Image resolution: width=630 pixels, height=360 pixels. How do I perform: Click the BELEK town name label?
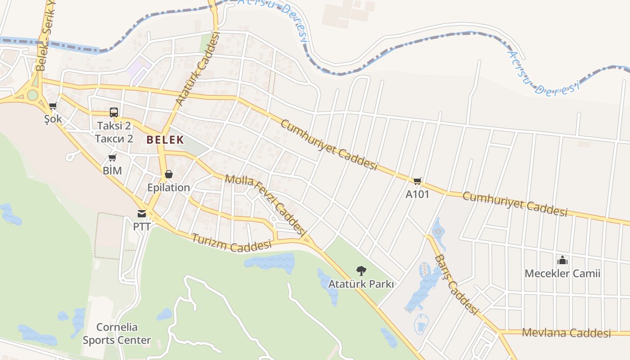pyautogui.click(x=165, y=139)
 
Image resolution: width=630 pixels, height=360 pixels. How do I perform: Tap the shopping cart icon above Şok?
pyautogui.click(x=53, y=107)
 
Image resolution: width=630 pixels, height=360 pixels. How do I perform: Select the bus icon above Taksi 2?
pyautogui.click(x=114, y=112)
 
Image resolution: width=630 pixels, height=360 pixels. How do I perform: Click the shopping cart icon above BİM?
pyautogui.click(x=112, y=157)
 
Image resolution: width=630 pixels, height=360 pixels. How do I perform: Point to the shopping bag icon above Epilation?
pyautogui.click(x=169, y=174)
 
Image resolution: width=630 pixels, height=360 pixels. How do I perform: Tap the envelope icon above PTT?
pyautogui.click(x=142, y=213)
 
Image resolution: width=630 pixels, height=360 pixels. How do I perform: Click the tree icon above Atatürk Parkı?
pyautogui.click(x=361, y=270)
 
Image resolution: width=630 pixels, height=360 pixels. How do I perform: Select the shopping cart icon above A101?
pyautogui.click(x=418, y=181)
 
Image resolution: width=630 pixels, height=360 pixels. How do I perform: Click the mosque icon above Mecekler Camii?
pyautogui.click(x=562, y=260)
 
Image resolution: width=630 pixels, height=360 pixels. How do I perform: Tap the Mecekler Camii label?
pyautogui.click(x=562, y=273)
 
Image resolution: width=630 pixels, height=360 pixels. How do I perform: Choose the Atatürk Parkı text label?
pyautogui.click(x=361, y=284)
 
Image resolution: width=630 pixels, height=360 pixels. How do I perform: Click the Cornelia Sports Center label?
pyautogui.click(x=117, y=333)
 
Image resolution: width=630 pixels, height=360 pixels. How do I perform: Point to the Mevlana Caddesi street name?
pyautogui.click(x=566, y=333)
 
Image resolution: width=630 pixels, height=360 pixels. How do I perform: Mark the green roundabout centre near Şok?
pyautogui.click(x=32, y=95)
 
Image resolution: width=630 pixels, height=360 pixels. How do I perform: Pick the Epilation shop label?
pyautogui.click(x=169, y=187)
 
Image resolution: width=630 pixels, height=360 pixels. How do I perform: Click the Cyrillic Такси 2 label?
pyautogui.click(x=114, y=138)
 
